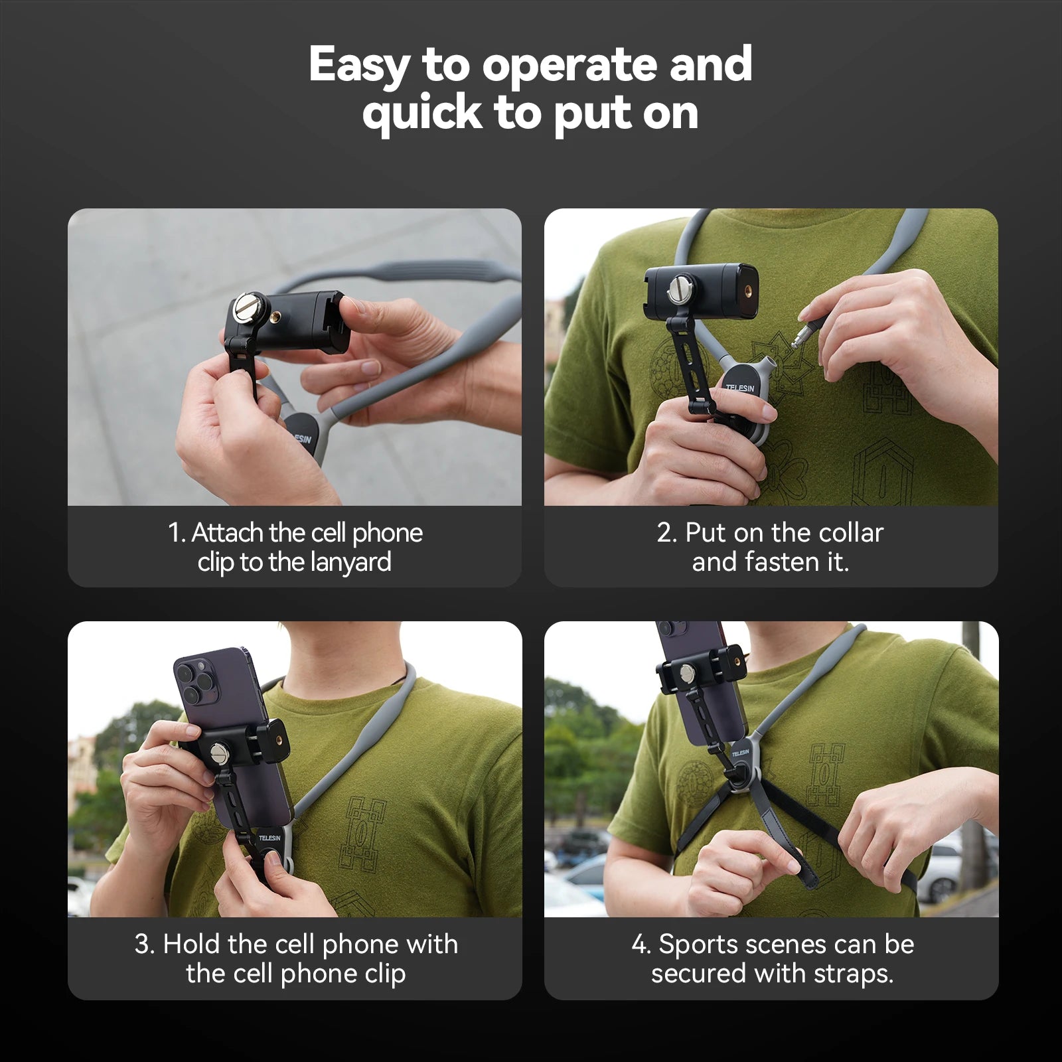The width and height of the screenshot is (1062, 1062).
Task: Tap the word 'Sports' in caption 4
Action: [696, 945]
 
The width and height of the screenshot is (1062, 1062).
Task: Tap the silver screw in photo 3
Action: [219, 753]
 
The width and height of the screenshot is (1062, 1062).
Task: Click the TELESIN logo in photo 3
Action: [269, 838]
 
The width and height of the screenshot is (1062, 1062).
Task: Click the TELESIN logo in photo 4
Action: [740, 753]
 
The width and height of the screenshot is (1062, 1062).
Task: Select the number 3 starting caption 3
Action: [141, 945]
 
